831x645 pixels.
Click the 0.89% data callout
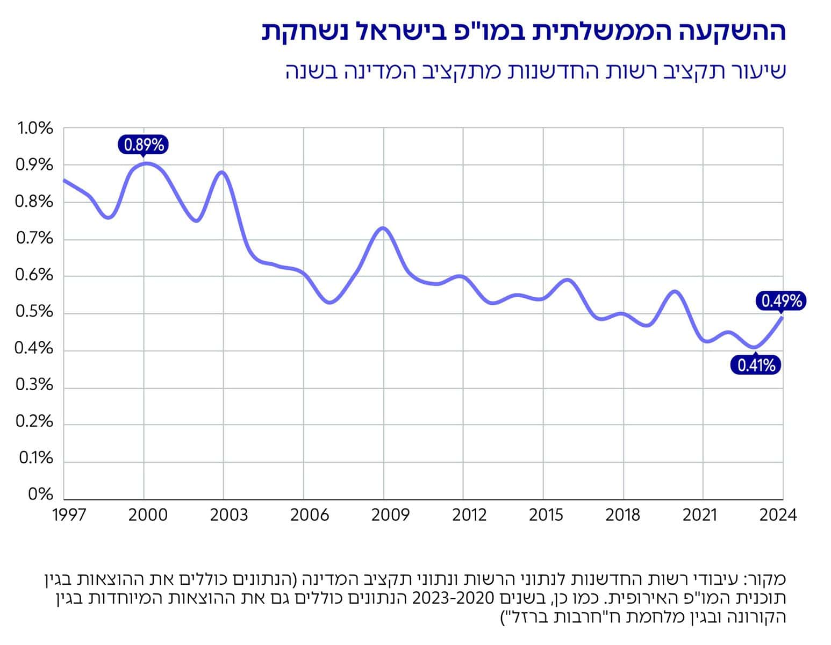point(144,145)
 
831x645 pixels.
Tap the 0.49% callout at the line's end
point(782,301)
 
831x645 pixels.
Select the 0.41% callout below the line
point(756,366)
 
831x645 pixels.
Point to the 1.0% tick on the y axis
point(35,128)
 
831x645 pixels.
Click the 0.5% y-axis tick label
point(35,312)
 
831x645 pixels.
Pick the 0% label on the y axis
point(41,494)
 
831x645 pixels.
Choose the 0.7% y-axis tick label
point(35,238)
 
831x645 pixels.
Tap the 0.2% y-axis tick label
point(35,422)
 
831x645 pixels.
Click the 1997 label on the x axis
point(69,515)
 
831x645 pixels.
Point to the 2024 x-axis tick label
point(777,515)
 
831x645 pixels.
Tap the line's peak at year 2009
point(383,228)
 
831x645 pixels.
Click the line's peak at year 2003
point(223,172)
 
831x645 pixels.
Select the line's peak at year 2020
point(676,291)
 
